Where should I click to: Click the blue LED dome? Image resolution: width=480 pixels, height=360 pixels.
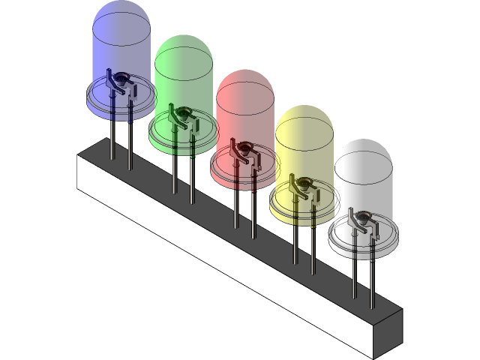pyautogui.click(x=120, y=37)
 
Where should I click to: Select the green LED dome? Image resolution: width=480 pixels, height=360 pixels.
pyautogui.click(x=184, y=71)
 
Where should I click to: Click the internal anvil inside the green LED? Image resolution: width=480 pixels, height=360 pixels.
pyautogui.click(x=181, y=117)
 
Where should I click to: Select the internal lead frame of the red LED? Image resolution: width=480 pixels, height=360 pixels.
pyautogui.click(x=243, y=152)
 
